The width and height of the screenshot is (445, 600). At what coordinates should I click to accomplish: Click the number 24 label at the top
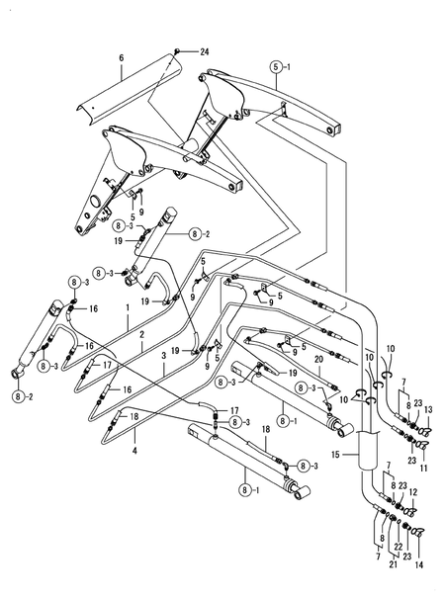coord(205,51)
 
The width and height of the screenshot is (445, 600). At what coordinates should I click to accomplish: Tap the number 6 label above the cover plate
coord(122,58)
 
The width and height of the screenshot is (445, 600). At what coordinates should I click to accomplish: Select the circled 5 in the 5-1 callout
coord(276,67)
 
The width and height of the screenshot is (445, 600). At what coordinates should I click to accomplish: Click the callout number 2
coord(141,334)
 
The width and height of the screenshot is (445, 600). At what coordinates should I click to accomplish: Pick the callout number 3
coord(164,356)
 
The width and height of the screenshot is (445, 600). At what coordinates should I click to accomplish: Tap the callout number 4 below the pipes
coord(134,451)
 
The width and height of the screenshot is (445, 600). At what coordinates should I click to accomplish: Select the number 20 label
coord(318,359)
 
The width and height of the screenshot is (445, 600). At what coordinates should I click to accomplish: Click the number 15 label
coord(335,455)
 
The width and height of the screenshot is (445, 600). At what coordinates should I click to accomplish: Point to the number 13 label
coord(428,410)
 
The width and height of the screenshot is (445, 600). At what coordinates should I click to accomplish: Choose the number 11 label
coord(423,468)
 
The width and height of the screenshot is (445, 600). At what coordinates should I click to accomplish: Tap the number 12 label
coord(413,491)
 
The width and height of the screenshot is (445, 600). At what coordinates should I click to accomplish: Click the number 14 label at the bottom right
coord(419,564)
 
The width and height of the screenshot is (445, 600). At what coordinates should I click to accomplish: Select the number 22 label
coord(399,548)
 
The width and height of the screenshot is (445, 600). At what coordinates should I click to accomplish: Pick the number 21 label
coord(394,564)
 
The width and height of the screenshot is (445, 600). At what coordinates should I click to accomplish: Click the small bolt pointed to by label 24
coord(177,50)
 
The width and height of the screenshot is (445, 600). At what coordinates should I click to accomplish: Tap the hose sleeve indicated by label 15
coord(367,450)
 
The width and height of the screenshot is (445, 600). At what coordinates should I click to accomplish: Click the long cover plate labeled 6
coord(129,88)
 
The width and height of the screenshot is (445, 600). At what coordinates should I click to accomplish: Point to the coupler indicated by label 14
coord(419,531)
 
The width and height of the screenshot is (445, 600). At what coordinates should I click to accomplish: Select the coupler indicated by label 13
coord(425,431)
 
